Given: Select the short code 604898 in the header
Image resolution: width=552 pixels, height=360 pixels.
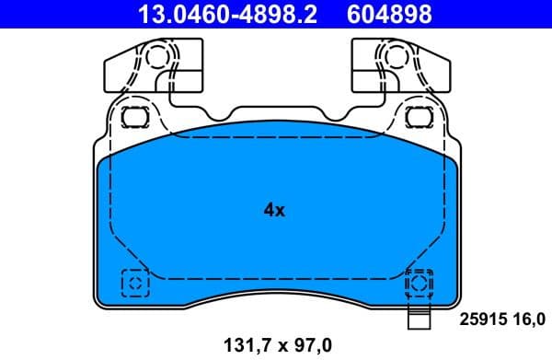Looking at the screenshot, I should point(387,15).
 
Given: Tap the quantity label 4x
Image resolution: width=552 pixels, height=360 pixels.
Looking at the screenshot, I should point(274,210).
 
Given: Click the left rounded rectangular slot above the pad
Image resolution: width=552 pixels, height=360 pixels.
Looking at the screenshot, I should point(135,117).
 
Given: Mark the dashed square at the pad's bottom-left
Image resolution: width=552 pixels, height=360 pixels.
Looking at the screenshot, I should point(135,283).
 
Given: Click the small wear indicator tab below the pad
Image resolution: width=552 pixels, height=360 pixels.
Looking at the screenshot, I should point(419,321).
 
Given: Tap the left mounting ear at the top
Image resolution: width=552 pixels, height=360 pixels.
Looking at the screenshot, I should point(138,70).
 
